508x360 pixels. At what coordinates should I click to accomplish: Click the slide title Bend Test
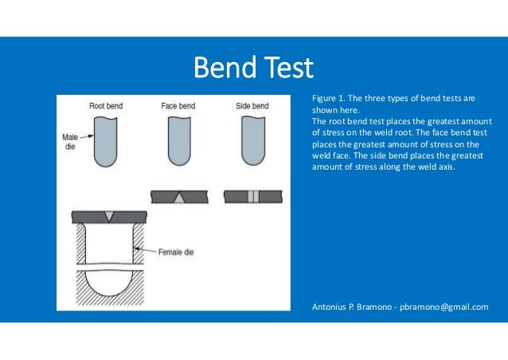coord(254,67)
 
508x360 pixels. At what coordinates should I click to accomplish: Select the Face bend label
coord(179,106)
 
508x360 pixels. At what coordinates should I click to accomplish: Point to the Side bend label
coord(252,106)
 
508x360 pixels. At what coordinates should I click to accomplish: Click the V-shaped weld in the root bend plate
coord(107,215)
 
